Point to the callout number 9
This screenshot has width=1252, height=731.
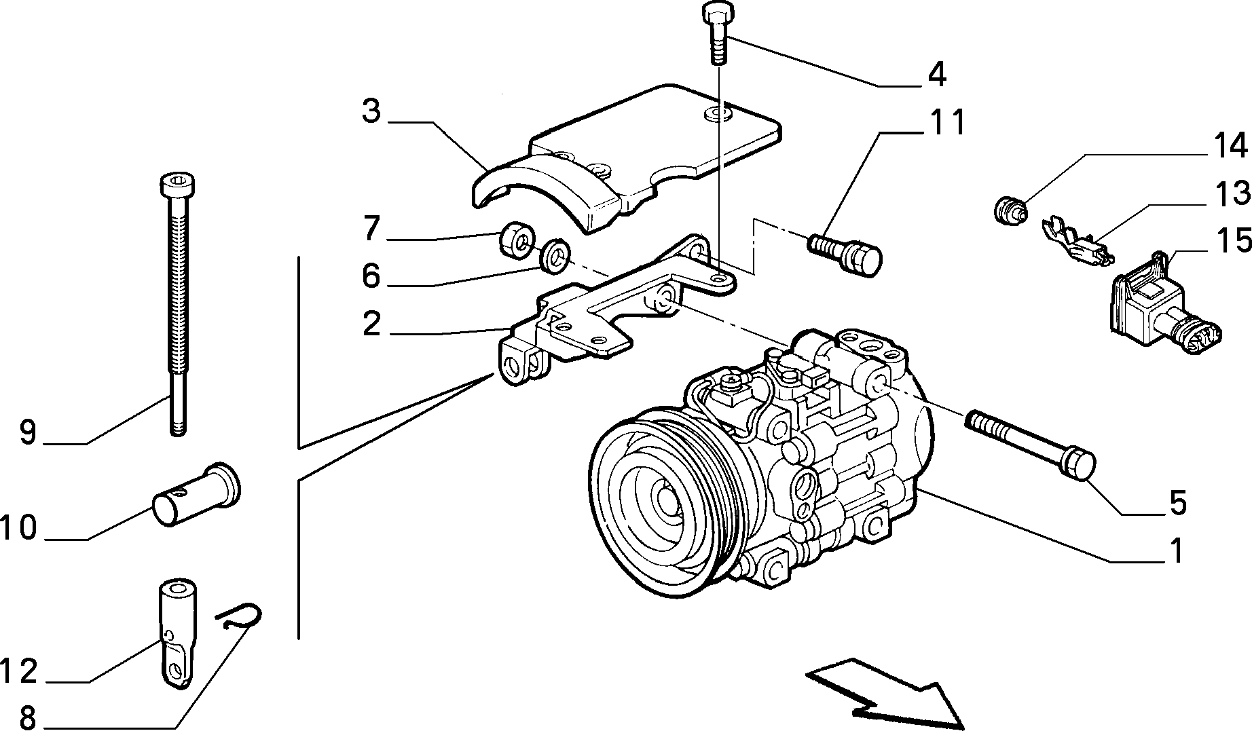pos(27,432)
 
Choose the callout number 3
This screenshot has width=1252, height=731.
pos(371,111)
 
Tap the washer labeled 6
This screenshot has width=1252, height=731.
pos(555,253)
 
